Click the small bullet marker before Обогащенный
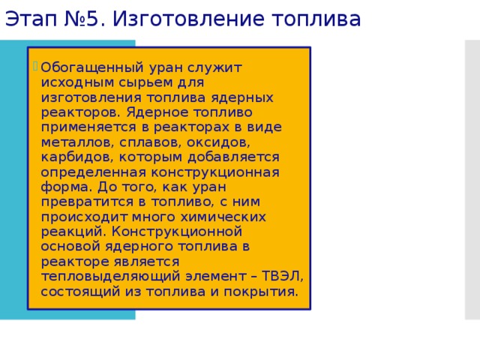[35, 65]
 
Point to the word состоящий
[78, 291]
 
